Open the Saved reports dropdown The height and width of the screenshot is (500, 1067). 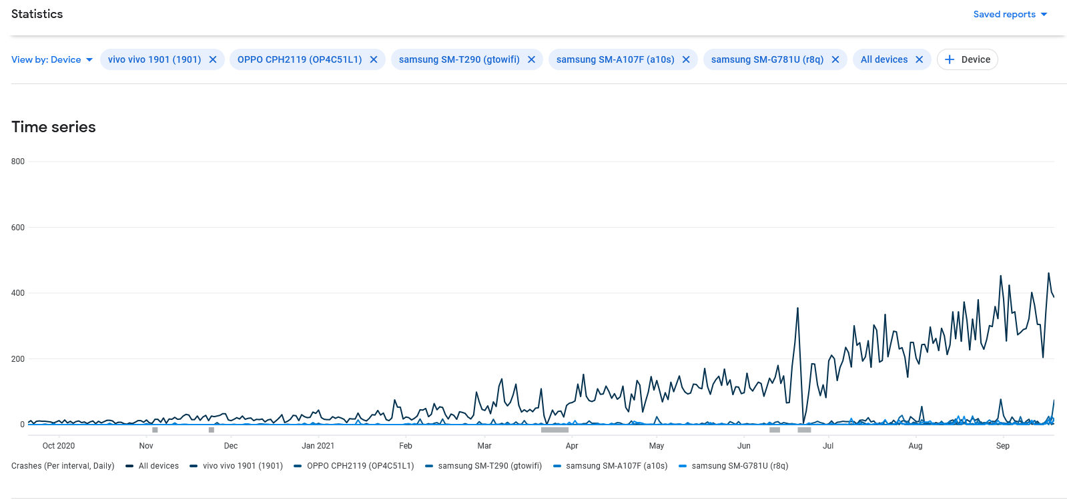point(1010,14)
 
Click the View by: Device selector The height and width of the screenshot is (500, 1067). point(52,59)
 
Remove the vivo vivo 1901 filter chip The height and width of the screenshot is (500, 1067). point(213,59)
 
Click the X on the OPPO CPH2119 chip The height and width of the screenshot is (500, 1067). point(374,59)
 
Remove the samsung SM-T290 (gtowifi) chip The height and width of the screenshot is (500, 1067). point(531,59)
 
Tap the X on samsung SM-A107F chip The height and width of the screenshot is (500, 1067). point(686,59)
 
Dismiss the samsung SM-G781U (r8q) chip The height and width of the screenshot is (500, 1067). point(835,59)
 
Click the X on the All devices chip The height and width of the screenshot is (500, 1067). point(920,59)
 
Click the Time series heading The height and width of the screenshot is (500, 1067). point(53,127)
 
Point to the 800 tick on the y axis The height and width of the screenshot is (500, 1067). point(18,162)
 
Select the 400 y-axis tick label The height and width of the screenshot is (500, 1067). point(18,293)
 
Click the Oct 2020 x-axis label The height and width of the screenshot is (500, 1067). point(59,446)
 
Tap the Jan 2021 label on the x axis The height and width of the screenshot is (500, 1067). point(318,446)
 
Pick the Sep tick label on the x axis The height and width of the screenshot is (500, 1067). point(1003,446)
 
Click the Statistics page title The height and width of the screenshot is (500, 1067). point(37,14)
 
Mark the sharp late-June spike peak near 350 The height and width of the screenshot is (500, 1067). point(797,308)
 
